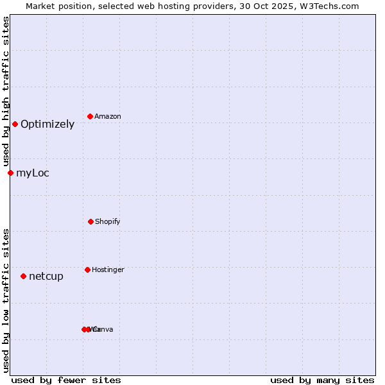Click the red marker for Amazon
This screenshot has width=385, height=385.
click(x=90, y=116)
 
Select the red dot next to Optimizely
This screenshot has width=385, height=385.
click(x=15, y=124)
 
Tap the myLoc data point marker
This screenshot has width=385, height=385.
click(x=10, y=173)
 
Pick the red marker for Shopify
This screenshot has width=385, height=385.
click(x=90, y=221)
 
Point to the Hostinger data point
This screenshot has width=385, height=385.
click(x=87, y=269)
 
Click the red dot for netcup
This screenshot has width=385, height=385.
click(x=23, y=276)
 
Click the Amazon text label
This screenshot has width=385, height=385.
click(x=108, y=117)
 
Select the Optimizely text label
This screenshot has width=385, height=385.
click(x=47, y=124)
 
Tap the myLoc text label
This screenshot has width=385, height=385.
click(x=33, y=173)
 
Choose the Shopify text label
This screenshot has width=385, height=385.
click(x=108, y=222)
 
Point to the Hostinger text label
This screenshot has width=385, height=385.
click(x=108, y=270)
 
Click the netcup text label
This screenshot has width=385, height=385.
click(x=46, y=277)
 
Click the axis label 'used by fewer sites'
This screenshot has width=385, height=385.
click(x=66, y=380)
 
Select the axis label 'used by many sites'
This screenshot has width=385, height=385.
click(x=322, y=380)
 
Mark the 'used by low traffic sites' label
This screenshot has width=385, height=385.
click(x=6, y=300)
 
